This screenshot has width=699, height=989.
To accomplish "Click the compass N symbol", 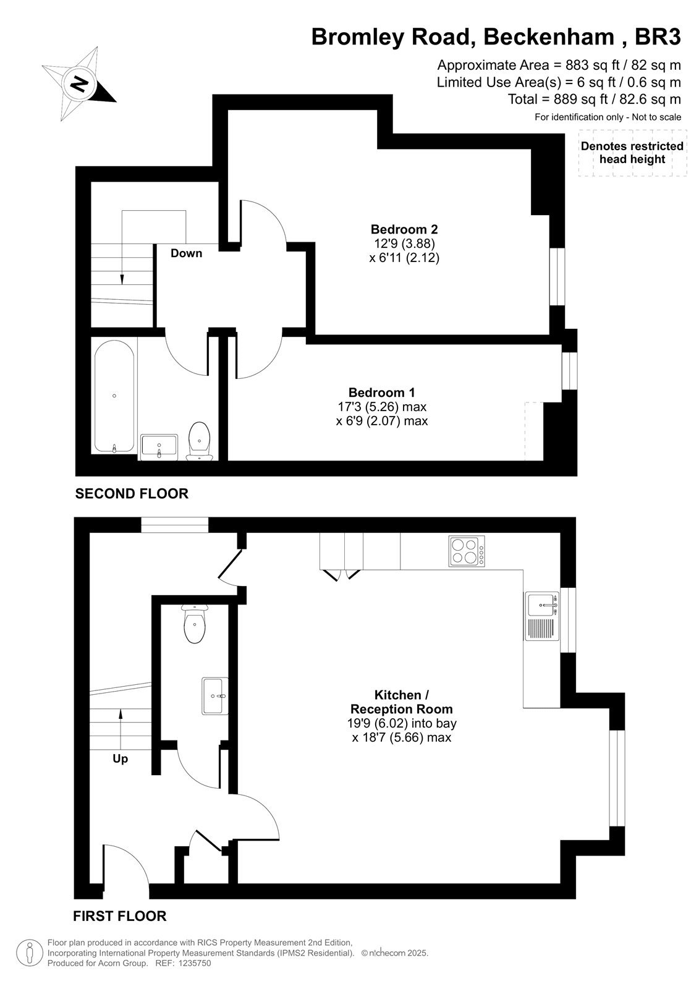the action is click(x=80, y=83).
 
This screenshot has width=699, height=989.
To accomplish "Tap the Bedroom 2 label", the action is click(x=404, y=229).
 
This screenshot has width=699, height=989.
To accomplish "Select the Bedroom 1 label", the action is click(x=381, y=392).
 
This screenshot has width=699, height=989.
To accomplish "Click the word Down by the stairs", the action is click(x=187, y=253).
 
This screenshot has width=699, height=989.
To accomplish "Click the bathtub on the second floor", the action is click(x=114, y=396).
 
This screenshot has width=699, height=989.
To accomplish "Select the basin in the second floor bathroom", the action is click(x=159, y=447).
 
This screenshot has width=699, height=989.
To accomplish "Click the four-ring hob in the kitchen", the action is click(x=467, y=551).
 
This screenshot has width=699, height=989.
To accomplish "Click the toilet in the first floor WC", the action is click(x=194, y=624).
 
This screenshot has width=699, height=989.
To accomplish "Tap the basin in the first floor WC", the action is click(x=215, y=696).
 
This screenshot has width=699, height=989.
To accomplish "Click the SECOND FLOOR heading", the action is click(x=132, y=493).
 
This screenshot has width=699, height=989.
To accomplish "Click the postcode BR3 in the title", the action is click(x=658, y=36).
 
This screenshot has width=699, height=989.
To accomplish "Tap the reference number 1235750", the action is click(x=195, y=963).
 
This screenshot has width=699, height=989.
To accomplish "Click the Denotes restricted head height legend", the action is click(x=632, y=153).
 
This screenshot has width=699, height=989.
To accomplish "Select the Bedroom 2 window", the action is click(x=557, y=276).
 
